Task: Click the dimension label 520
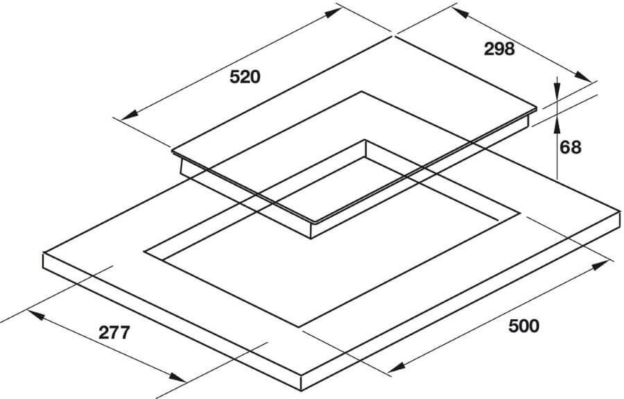[x=245, y=77]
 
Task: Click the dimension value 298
[x=499, y=49]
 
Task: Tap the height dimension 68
[x=571, y=147]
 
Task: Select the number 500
[x=523, y=326]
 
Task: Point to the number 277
[x=114, y=332]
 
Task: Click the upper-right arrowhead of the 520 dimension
[x=333, y=12]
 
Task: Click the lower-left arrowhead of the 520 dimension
[x=130, y=114]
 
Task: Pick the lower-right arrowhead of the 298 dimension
[x=582, y=76]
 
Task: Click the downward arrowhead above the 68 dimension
[x=557, y=90]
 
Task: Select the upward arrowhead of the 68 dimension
[x=557, y=124]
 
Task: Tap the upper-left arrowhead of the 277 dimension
[x=35, y=316]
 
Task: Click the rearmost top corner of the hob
[x=393, y=36]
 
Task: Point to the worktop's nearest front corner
[x=302, y=375]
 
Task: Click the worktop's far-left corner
[x=43, y=254]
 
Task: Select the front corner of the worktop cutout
[x=298, y=328]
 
